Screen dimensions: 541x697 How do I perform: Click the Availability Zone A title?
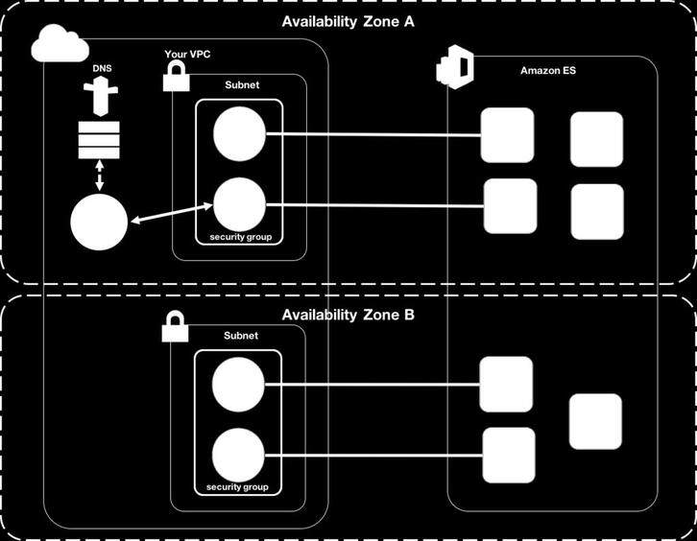coord(348,23)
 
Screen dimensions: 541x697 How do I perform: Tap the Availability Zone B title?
coord(348,315)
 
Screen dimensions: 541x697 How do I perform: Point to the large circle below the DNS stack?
coord(99,223)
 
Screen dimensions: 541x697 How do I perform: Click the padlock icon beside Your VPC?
coord(176,78)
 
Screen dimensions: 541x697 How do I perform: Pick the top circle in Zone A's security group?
coord(239,133)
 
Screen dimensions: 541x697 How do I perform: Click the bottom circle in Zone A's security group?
coord(239,203)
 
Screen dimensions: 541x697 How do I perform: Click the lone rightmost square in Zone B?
coord(595,421)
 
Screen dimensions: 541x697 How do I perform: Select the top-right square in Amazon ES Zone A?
coord(596,139)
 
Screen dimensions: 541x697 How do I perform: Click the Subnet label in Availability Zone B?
coord(240,336)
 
